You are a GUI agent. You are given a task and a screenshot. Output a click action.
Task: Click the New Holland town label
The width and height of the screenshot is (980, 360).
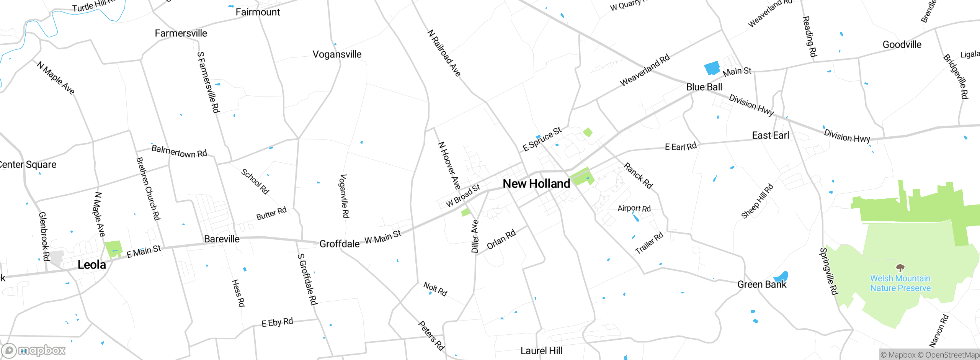[x=536, y=184]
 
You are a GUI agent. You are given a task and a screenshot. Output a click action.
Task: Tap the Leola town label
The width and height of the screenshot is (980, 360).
[x=91, y=265]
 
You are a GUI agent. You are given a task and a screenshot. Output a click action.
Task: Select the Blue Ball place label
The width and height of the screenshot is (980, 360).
[x=704, y=87]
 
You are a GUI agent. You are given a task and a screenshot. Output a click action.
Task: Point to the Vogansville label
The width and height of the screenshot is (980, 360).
[x=337, y=54]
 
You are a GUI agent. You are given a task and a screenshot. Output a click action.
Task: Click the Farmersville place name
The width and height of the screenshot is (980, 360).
[x=181, y=34]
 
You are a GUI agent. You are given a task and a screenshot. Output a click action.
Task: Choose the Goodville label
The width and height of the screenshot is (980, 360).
[x=902, y=45]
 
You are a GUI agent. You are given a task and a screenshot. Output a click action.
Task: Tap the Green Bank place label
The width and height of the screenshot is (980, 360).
[x=761, y=285]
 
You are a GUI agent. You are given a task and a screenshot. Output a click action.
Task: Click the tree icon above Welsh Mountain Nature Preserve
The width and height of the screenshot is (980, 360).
[x=900, y=267]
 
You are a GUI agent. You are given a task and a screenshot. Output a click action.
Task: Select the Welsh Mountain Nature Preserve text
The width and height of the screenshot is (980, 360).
[x=900, y=283]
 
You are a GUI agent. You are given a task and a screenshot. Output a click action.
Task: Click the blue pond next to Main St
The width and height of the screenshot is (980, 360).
[x=712, y=68]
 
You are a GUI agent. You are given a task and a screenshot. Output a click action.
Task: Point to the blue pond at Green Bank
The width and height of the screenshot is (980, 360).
[x=781, y=277]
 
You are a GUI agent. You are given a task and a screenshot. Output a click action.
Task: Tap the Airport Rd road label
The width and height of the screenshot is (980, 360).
[x=634, y=209]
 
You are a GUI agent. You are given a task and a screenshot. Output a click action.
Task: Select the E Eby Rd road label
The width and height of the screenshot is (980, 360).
[x=277, y=322]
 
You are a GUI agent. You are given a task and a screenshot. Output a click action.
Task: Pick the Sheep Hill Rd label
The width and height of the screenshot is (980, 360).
[x=757, y=201]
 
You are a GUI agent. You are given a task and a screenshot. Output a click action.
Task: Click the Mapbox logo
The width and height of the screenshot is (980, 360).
[x=34, y=350]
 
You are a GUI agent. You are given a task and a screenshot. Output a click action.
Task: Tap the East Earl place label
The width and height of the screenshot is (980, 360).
[x=770, y=136]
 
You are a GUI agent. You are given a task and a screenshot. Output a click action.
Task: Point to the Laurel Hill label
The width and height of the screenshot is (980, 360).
[x=541, y=351]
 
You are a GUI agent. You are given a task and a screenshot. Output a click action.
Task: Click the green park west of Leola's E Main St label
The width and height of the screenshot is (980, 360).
[x=113, y=249]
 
